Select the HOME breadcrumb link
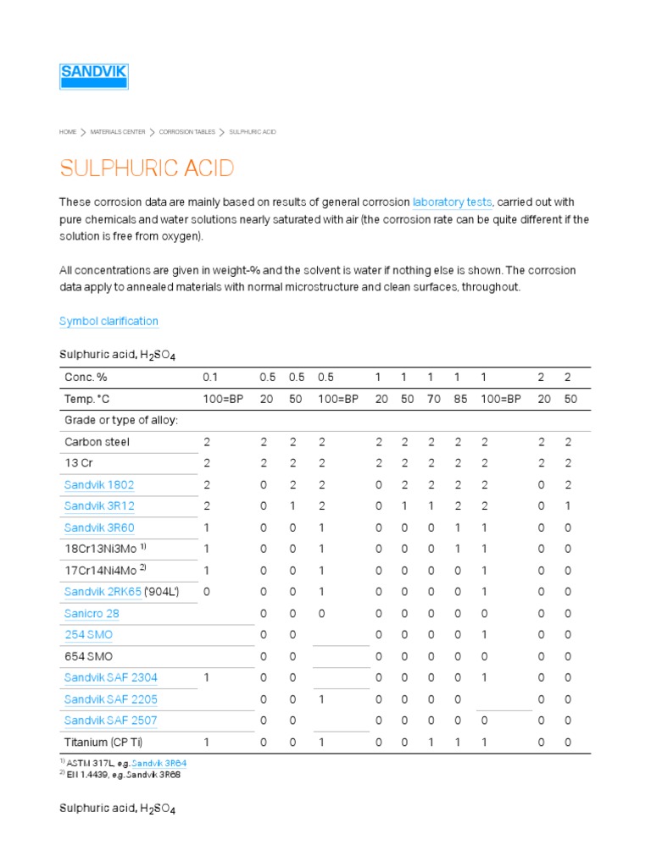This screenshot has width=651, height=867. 68,132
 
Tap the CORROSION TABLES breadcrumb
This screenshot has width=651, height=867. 187,132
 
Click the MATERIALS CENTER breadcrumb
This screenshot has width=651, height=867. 118,132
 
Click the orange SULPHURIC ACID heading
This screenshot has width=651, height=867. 146,168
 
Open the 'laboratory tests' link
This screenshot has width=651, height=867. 452,202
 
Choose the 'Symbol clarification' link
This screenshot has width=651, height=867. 108,322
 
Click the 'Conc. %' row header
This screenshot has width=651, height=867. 86,377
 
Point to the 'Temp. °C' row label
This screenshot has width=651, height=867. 88,399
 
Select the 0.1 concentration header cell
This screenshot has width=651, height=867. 210,377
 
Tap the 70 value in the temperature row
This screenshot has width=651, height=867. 433,399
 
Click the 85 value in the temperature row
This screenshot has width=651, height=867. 459,399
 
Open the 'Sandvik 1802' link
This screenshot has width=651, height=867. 99,485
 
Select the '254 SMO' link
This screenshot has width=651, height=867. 88,635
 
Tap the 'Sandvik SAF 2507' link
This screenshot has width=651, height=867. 110,721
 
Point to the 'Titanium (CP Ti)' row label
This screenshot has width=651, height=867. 104,743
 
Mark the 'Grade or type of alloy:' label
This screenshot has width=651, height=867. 121,420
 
